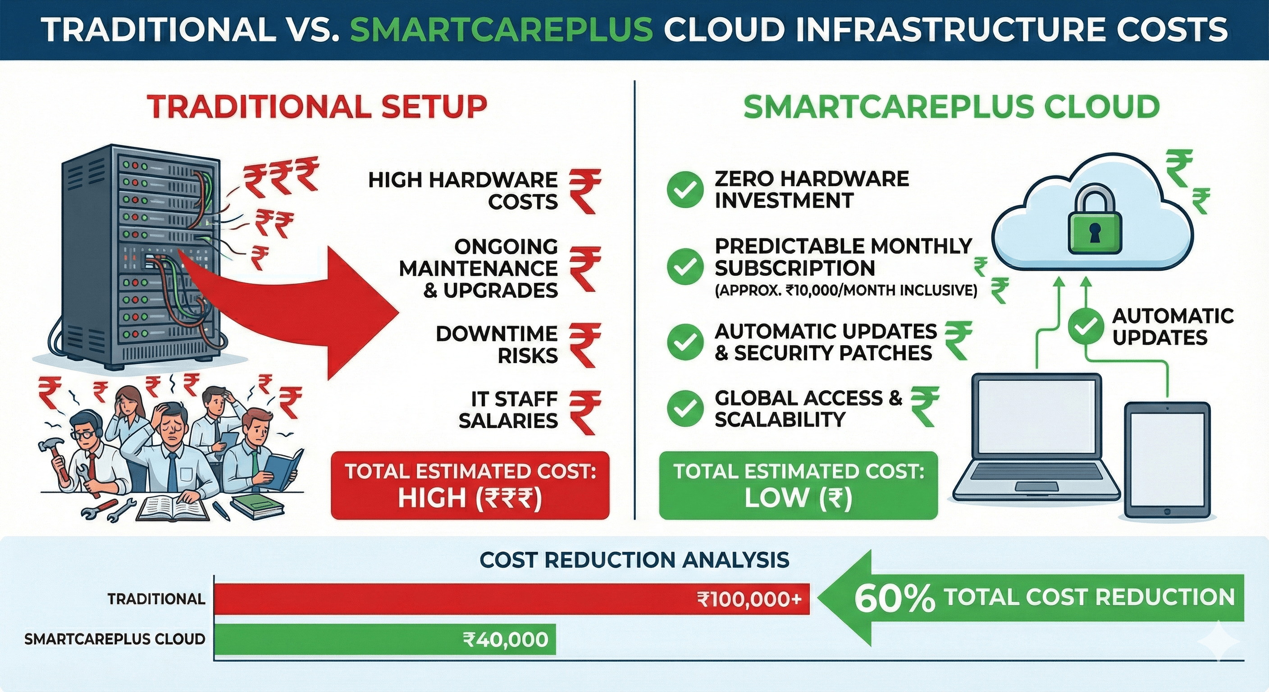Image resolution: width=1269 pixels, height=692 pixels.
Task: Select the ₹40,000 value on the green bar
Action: pyautogui.click(x=506, y=639)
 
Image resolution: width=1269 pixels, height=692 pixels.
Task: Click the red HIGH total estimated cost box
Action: pyautogui.click(x=470, y=485)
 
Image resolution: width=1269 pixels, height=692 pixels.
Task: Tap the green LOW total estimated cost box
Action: pyautogui.click(x=798, y=485)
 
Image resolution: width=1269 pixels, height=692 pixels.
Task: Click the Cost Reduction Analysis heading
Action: pyautogui.click(x=634, y=560)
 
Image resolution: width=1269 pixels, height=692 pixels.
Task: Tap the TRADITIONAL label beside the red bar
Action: pyautogui.click(x=156, y=599)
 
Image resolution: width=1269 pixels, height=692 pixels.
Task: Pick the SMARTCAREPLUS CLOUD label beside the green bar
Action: pyautogui.click(x=114, y=639)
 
